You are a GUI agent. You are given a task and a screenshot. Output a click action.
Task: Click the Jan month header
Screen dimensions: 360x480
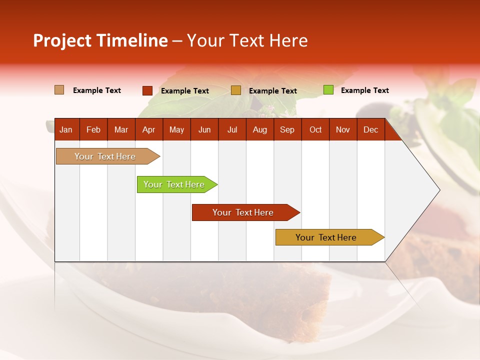pos(66,130)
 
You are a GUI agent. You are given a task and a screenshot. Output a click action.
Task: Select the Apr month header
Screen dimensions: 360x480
pos(148,130)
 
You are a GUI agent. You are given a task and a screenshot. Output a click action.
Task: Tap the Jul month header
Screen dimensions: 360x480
pos(232,130)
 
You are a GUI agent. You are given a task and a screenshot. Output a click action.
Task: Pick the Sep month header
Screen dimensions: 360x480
pos(287,130)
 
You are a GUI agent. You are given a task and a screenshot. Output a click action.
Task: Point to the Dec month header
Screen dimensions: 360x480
pos(370,130)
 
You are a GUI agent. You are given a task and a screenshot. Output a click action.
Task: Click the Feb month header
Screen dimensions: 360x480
pos(93,130)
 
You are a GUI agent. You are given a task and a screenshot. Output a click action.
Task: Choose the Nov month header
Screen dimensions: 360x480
pos(342,130)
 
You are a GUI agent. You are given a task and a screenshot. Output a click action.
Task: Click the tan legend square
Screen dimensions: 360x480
pos(59,90)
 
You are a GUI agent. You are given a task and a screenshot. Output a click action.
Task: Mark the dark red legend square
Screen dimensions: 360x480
pos(147,90)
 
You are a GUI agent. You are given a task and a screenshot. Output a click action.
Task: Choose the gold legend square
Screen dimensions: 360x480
pos(236,90)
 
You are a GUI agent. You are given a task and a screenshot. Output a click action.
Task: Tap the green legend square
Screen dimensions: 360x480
pos(328,90)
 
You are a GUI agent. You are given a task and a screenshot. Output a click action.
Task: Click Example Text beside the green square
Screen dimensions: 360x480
pos(364,90)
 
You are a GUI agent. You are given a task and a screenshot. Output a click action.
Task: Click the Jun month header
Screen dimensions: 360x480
pos(204,130)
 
